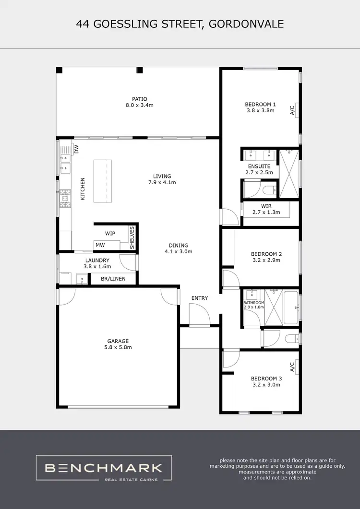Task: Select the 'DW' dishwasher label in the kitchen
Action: [x=76, y=149]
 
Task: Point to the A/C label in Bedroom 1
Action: [x=292, y=110]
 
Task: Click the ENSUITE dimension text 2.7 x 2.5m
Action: [x=259, y=172]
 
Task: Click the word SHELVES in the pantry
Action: [x=132, y=237]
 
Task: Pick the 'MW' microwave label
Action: [x=100, y=245]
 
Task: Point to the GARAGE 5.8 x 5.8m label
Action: [x=118, y=344]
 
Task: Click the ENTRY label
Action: [x=200, y=298]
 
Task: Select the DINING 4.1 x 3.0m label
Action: [x=179, y=248]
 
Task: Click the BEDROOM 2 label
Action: [x=266, y=254]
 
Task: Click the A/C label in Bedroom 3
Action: [x=292, y=367]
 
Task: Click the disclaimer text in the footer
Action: [x=281, y=469]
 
